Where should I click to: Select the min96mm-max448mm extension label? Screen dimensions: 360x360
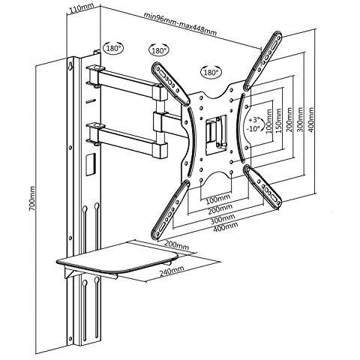point(180,24)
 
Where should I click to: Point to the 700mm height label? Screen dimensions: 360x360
point(31,198)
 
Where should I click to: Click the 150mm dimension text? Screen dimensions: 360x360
point(279,121)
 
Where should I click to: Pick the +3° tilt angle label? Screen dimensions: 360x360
point(254,120)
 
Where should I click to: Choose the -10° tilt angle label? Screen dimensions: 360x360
point(253,128)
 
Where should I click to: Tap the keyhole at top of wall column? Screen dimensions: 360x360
point(71,65)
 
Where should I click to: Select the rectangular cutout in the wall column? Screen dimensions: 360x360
point(91,164)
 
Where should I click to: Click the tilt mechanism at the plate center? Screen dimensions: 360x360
point(216,135)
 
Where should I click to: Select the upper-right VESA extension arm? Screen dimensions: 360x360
point(262,61)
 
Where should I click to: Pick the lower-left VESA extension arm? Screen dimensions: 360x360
point(170,209)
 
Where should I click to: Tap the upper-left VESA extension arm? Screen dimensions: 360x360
point(171,83)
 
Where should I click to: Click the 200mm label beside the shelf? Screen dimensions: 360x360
point(177,245)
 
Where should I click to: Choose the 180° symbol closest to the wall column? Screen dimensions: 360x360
point(113,48)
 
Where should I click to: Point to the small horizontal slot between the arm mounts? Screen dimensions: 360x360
point(91,101)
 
